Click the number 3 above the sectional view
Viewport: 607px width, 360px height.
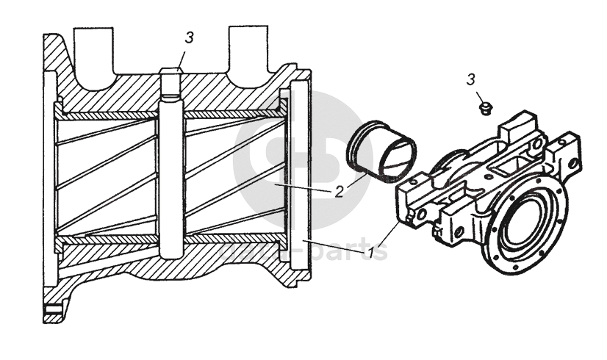coord(189,38)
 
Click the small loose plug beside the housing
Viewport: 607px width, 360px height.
coord(483,108)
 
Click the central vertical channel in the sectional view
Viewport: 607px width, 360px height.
coord(170,176)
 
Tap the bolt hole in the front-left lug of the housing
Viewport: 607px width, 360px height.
coord(421,214)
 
